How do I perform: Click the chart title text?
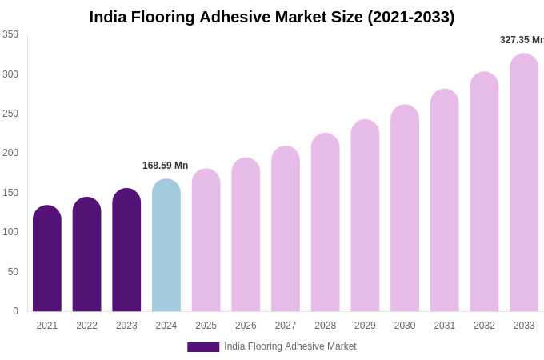272,17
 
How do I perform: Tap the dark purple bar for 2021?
47,259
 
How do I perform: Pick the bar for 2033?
524,183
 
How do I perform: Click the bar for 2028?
326,223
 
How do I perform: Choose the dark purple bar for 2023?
126,251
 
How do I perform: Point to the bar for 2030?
405,209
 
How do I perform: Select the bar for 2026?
246,235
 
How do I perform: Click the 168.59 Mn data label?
166,166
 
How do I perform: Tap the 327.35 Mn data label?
522,40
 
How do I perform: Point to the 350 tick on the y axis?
10,34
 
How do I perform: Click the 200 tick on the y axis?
10,153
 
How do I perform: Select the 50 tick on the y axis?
13,272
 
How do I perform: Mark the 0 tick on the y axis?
15,311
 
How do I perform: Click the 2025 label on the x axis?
206,326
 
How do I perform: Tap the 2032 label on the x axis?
484,326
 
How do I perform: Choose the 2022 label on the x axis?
87,326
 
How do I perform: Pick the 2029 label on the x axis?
365,326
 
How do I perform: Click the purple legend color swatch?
203,347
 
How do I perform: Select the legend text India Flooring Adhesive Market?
290,346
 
